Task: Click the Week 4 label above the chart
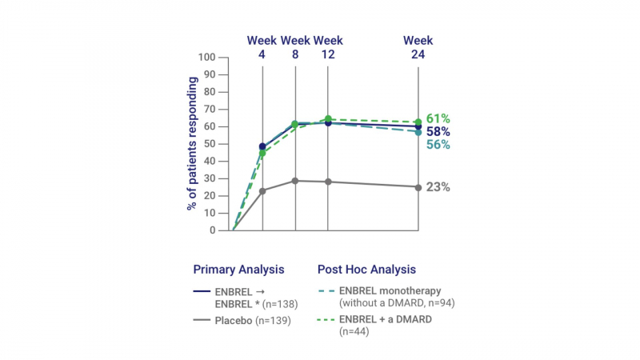[262, 46]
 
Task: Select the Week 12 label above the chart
[328, 46]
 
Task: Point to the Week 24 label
[418, 46]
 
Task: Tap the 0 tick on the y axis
[214, 230]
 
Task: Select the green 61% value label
[439, 118]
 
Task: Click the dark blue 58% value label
[439, 131]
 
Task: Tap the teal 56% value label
[439, 145]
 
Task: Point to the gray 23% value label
[439, 187]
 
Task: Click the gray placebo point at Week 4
[262, 190]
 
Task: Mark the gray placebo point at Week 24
[418, 187]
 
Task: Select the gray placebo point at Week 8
[295, 181]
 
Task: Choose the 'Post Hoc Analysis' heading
[366, 270]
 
